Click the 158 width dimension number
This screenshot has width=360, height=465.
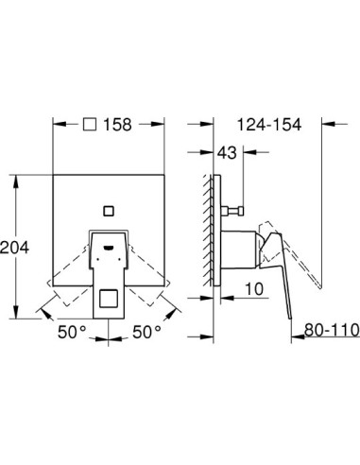tap(118, 125)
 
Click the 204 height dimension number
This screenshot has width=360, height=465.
tap(14, 248)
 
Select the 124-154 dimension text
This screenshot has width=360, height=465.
tap(269, 125)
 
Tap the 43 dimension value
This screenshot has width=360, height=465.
tap(227, 153)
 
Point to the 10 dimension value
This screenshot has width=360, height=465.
tap(254, 289)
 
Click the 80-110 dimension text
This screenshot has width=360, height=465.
tap(332, 330)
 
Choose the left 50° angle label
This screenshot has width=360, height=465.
tap(72, 333)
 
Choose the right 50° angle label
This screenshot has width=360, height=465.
tap(146, 333)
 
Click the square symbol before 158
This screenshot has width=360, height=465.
tap(90, 125)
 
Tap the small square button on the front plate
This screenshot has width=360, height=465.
tap(109, 211)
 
